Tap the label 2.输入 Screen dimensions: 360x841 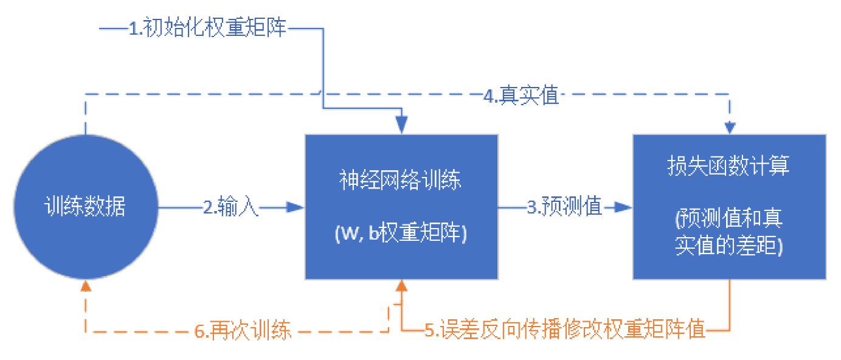coord(231,208)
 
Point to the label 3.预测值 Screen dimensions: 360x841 coord(564,207)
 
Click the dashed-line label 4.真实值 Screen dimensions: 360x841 coord(521,95)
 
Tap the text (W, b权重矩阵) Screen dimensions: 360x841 coord(401,235)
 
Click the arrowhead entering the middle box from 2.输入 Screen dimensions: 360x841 coord(297,207)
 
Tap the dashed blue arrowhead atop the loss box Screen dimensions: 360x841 coord(730,128)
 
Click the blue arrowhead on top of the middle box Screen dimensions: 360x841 coord(401,127)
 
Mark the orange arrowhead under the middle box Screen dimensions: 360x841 coord(401,286)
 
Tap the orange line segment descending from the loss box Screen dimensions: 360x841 coord(729,304)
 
